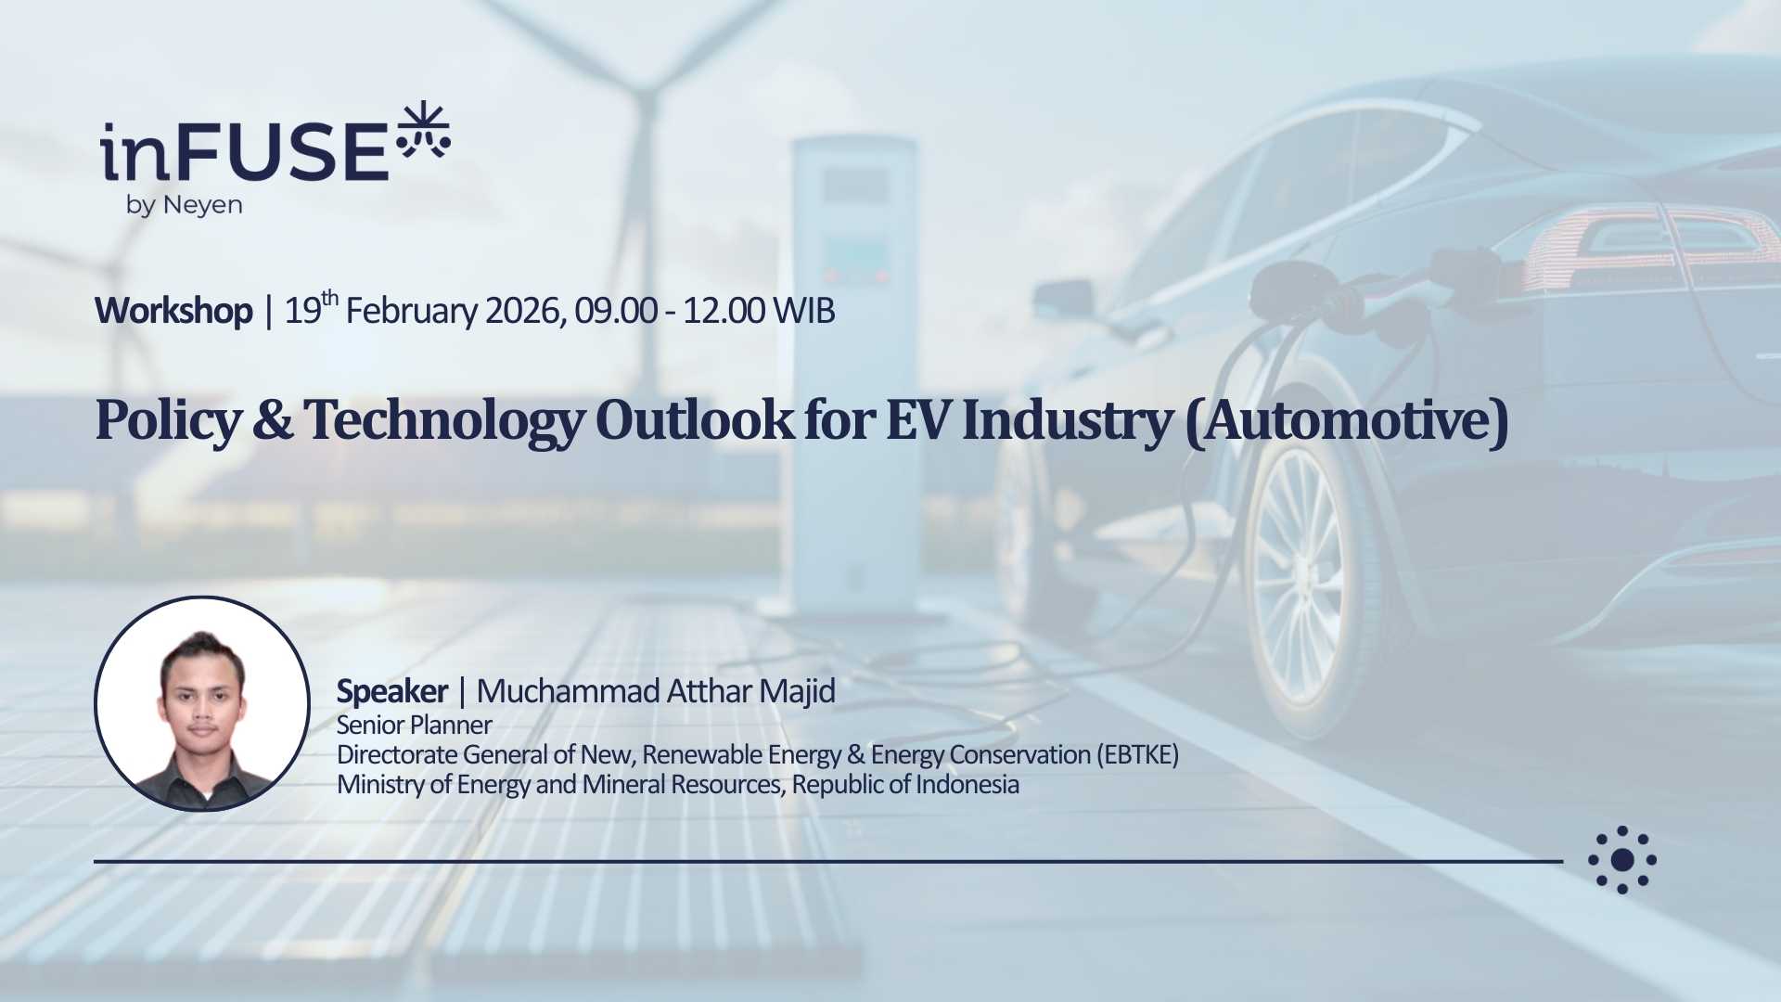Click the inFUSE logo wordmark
244,151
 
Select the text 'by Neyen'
184,205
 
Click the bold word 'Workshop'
173,311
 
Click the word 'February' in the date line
412,312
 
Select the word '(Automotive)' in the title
1347,421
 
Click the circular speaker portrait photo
201,704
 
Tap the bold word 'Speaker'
391,692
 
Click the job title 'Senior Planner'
414,725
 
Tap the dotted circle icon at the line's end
1621,860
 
